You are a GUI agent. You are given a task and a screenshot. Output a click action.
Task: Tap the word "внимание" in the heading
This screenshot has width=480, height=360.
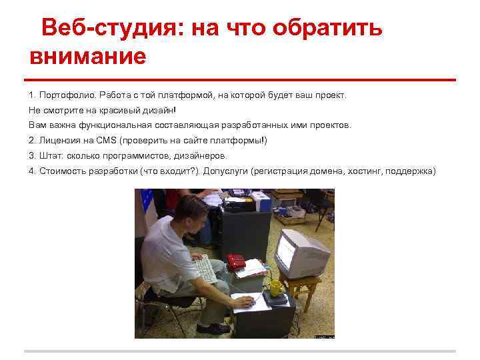[87, 56]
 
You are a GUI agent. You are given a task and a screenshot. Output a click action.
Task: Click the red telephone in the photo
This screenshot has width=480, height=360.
[235, 260]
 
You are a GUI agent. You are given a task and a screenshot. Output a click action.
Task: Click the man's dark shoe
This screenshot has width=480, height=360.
[213, 327]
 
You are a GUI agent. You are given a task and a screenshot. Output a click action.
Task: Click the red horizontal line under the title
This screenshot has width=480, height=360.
[240, 80]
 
